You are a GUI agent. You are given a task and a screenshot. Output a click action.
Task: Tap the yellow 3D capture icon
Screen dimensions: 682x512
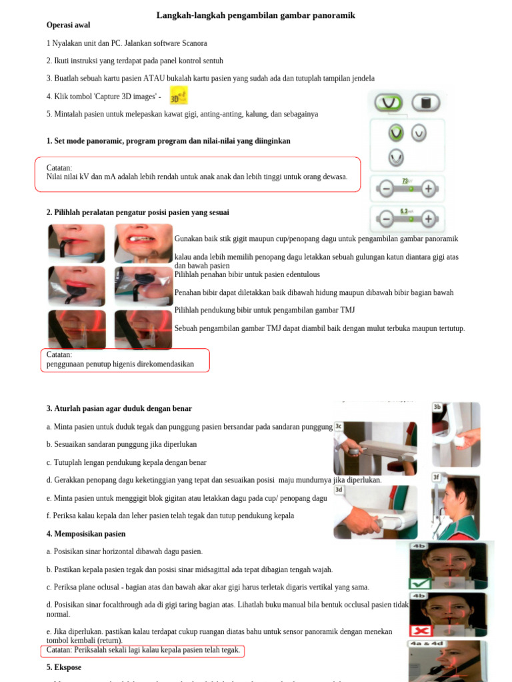179,95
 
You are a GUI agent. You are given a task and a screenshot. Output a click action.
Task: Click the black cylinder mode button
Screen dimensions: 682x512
425,103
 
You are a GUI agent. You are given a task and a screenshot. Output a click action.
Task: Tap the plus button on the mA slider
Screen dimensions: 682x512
428,218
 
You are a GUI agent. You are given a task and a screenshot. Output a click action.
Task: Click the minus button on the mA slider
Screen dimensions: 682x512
385,218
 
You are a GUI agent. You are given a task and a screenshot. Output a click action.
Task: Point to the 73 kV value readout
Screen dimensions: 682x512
405,180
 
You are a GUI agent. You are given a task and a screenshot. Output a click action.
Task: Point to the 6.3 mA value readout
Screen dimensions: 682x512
405,211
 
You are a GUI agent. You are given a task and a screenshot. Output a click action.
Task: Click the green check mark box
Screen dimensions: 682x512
421,583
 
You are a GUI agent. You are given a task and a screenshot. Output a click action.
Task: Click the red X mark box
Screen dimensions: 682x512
421,630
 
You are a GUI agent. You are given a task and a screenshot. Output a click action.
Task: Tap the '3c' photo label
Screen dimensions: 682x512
339,426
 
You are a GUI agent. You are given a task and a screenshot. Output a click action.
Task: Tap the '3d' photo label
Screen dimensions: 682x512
339,490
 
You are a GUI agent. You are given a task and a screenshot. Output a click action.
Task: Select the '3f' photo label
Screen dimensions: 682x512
437,477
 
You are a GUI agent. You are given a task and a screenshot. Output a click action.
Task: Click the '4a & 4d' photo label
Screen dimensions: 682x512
425,644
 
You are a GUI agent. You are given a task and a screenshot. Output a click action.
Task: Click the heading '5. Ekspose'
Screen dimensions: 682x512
64,667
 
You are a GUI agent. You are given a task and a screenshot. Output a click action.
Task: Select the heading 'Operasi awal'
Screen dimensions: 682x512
69,25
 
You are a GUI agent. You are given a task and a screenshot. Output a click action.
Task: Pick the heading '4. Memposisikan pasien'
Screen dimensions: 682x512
86,533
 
